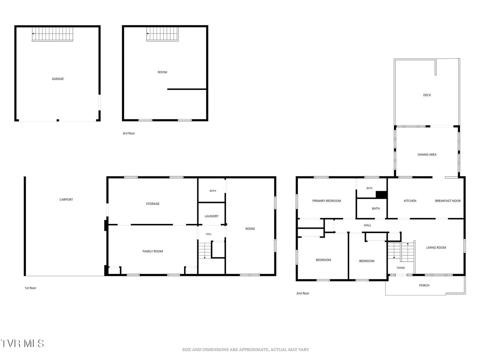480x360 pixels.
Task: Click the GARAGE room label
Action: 58,79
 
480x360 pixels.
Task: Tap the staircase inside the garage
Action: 52,34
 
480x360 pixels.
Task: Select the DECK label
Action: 427,95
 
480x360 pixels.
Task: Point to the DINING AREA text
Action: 427,155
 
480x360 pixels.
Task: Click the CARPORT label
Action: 66,200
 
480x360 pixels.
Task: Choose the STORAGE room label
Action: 153,204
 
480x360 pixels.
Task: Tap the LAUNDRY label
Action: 211,216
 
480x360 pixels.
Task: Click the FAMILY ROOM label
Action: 153,251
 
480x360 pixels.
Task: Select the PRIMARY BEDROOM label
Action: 326,201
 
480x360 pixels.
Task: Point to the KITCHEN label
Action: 410,201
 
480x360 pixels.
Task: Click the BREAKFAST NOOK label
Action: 448,201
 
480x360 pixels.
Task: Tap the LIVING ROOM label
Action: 436,248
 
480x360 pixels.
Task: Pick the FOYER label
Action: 401,268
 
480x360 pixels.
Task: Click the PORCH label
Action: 424,285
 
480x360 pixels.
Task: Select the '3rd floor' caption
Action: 129,133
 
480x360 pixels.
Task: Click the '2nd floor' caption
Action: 303,293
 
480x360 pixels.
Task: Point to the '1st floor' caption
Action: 30,288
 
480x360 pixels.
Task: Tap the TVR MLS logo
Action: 23,343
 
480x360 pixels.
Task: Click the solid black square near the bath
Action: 381,195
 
